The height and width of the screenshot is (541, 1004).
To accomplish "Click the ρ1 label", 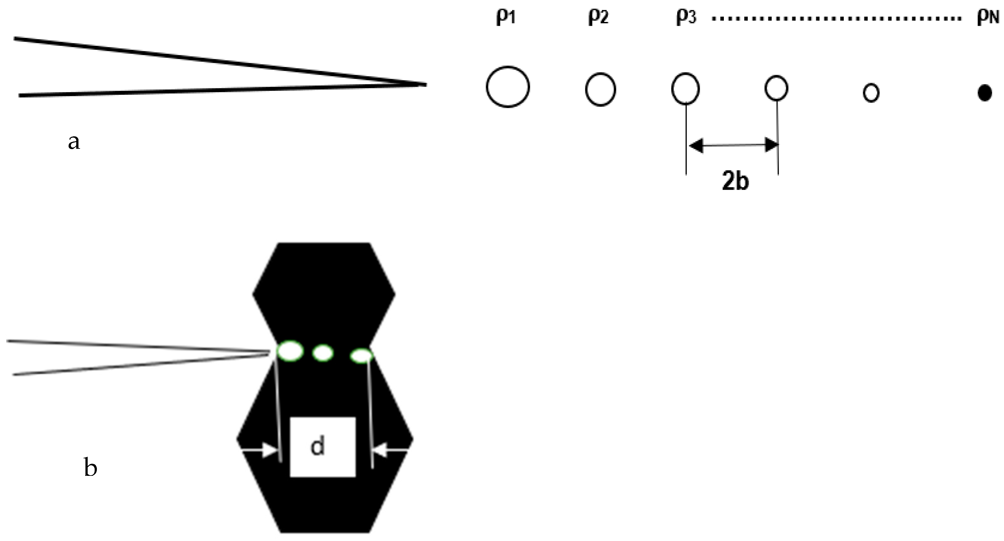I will click(506, 17).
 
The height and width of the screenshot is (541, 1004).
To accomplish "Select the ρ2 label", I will click(598, 17).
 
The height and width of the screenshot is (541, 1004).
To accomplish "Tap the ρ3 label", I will click(686, 17).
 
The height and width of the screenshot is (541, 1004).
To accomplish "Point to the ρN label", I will click(988, 18).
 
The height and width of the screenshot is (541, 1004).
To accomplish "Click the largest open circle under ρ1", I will click(508, 86).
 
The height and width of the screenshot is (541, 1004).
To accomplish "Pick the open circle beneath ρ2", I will click(600, 89).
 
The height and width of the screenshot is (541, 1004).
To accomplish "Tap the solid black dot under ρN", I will click(985, 93).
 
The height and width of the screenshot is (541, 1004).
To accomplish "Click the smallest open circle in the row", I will click(871, 93).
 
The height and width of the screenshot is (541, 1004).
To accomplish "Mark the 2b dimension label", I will click(735, 182).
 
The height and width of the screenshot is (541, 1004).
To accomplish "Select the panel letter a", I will click(74, 142).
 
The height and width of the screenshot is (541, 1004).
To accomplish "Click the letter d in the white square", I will click(318, 446).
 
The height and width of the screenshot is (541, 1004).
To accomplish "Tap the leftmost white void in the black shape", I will click(290, 351).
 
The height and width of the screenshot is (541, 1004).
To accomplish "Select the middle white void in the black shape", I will click(323, 353).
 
